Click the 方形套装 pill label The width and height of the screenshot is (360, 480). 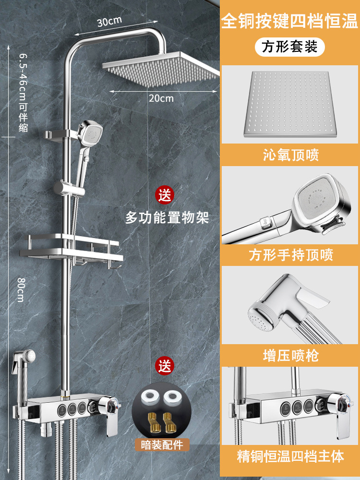[x=290, y=47]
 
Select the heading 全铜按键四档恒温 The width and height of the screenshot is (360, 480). [x=290, y=22]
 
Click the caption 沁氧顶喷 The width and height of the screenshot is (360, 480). [x=290, y=155]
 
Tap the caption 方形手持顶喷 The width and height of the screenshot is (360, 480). [x=290, y=255]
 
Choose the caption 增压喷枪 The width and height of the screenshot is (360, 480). [x=290, y=355]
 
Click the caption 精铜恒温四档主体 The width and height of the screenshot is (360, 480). [x=290, y=456]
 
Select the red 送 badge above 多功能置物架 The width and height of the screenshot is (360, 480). [x=165, y=195]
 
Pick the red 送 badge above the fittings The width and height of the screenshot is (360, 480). [x=165, y=366]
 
